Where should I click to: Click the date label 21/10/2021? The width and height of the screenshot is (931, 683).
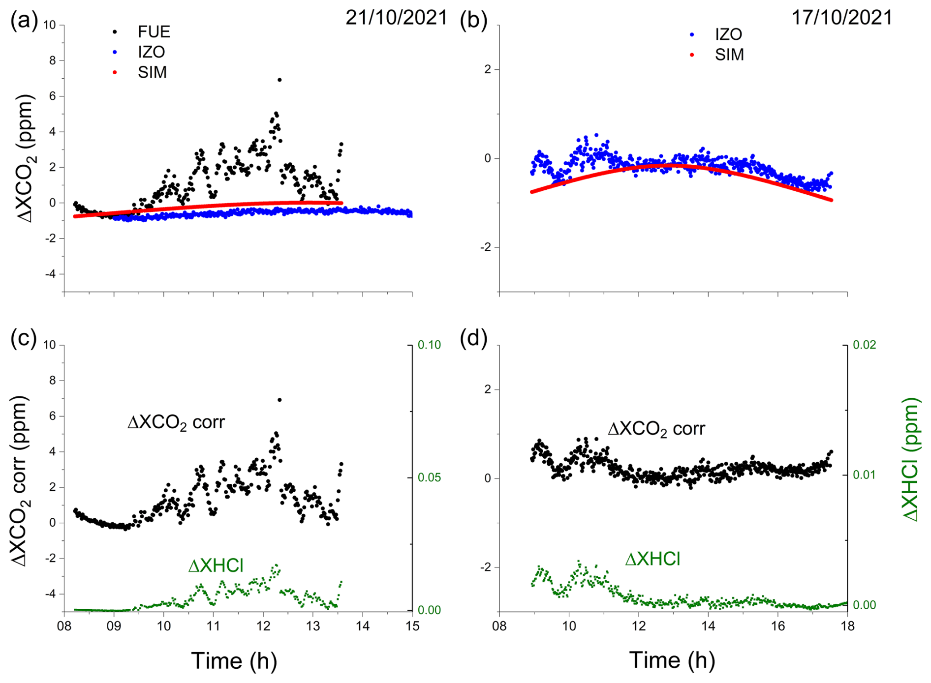click(396, 18)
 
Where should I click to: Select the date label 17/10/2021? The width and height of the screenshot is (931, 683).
click(841, 18)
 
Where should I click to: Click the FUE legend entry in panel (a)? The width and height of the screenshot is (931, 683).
click(154, 32)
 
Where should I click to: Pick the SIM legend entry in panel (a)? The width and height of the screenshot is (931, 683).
click(152, 73)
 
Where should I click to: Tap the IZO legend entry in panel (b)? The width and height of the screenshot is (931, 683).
click(728, 34)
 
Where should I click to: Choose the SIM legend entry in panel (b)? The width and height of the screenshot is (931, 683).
click(729, 55)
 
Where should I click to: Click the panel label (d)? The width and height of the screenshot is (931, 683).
click(473, 338)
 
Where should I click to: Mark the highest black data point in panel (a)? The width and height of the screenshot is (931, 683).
click(279, 80)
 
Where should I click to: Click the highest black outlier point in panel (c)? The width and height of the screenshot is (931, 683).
click(279, 400)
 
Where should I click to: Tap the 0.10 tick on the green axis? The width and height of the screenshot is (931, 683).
click(429, 345)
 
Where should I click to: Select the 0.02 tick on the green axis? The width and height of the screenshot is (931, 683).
click(864, 345)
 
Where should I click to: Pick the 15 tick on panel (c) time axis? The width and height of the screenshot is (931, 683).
click(412, 626)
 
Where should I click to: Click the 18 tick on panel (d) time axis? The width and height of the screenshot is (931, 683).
click(847, 626)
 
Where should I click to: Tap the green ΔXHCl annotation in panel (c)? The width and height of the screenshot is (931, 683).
click(216, 566)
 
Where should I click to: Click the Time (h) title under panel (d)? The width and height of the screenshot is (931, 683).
click(672, 660)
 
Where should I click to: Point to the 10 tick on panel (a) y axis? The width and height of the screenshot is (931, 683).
click(50, 25)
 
